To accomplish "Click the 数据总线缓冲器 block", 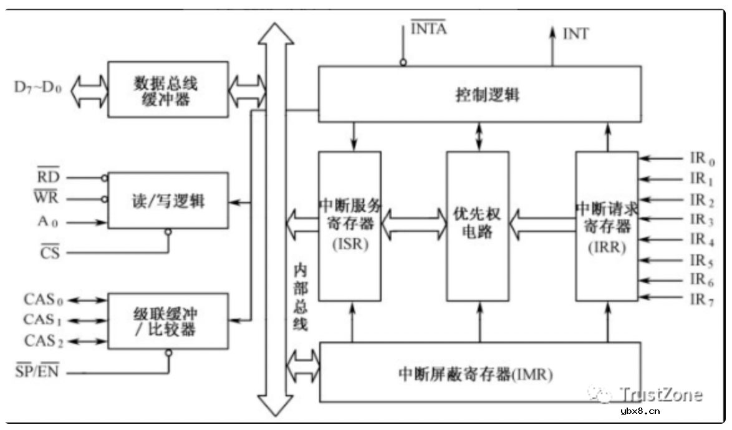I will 168,89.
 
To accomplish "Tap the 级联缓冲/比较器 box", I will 168,320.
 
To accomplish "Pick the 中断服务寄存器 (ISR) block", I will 350,226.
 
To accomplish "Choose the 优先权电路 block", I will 477,226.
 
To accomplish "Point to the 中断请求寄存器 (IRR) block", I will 607,226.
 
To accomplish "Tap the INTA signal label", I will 428,29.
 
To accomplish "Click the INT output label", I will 575,34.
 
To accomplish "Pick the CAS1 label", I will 43,320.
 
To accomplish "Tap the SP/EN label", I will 37,372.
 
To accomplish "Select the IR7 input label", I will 702,299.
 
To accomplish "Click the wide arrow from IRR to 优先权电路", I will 541,224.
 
